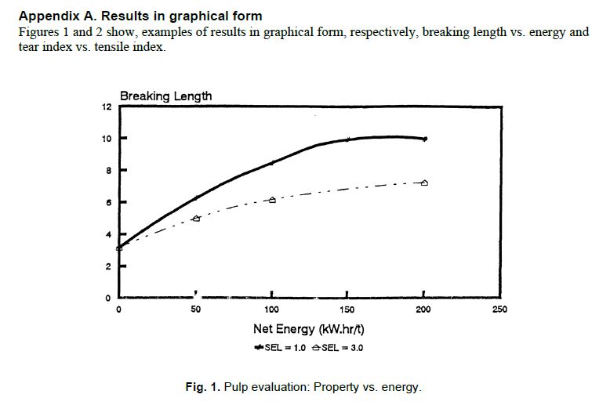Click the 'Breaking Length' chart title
point(165,96)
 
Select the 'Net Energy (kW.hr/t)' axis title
point(308,330)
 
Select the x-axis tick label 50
point(196,309)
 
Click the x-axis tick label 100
point(272,309)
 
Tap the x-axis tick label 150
point(348,309)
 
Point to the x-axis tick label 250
point(500,309)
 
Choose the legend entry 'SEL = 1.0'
point(280,348)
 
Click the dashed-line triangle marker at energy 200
point(424,183)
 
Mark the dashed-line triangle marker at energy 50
point(196,219)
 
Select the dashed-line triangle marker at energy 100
point(272,200)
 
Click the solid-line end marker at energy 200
point(424,139)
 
